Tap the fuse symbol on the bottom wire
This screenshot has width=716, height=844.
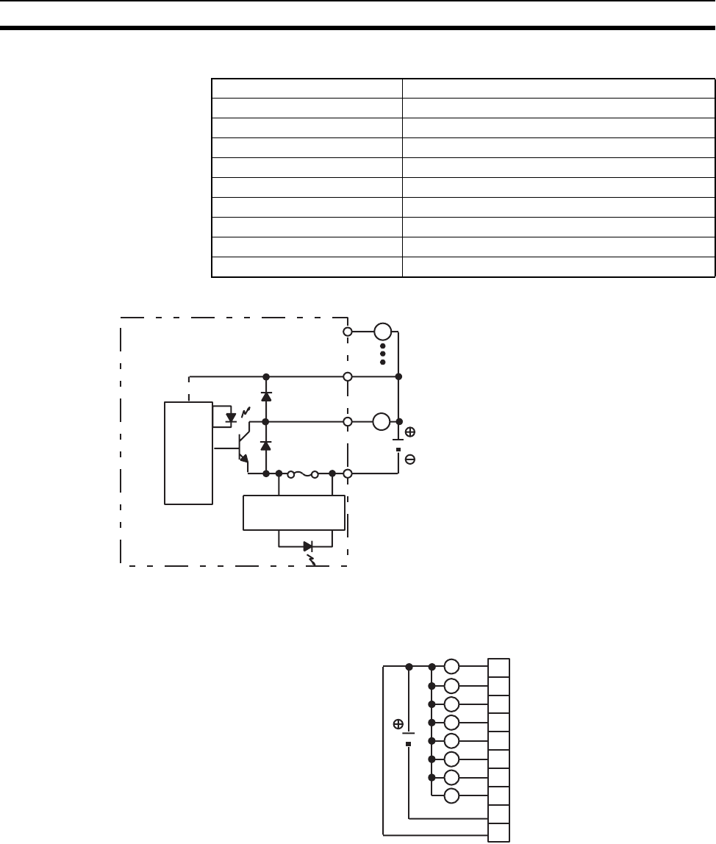pos(303,474)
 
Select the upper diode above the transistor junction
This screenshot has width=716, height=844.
pos(266,397)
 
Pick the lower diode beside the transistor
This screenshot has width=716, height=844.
pos(266,446)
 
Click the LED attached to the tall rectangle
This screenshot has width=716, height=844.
pos(232,418)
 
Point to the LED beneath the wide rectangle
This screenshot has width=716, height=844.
pos(308,546)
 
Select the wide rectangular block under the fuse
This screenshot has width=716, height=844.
pos(294,512)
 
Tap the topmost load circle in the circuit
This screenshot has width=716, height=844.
pos(382,332)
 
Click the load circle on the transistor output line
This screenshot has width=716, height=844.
pos(381,422)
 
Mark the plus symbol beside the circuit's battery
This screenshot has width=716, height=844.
pos(410,432)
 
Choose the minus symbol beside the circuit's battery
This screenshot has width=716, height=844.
pos(410,459)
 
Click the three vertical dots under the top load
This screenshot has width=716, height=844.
pos(382,353)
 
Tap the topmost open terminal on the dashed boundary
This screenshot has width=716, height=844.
pos(348,332)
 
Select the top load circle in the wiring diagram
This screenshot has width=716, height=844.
pos(452,667)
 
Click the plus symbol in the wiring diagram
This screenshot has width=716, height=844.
pos(398,724)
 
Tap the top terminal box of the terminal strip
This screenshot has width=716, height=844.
pos(499,668)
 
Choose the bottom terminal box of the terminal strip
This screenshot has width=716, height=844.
pos(499,832)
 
